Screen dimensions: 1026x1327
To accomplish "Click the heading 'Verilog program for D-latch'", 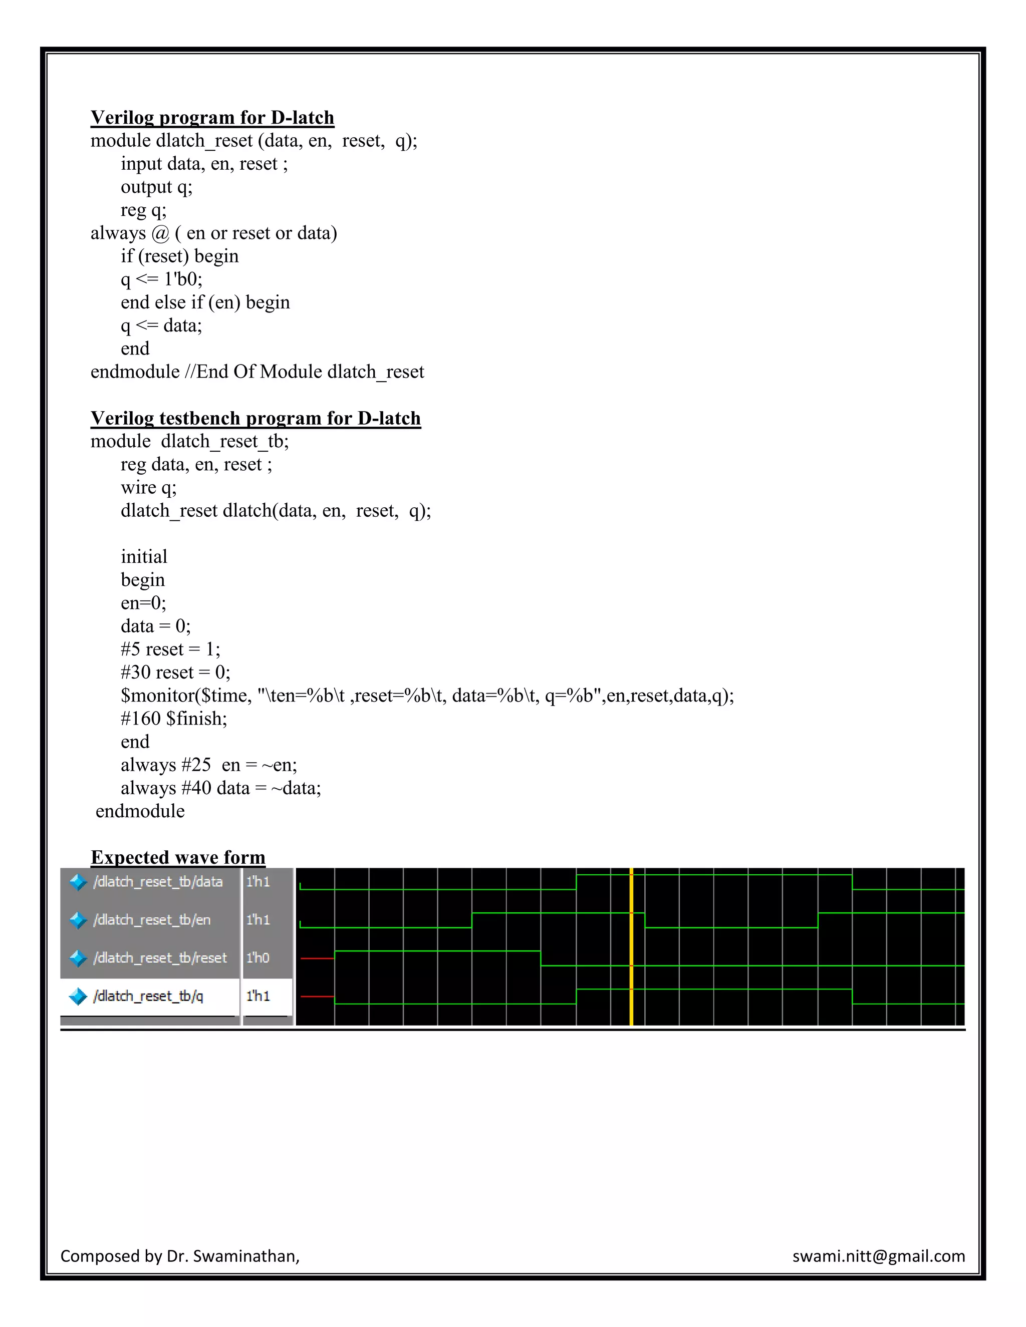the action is (x=212, y=117).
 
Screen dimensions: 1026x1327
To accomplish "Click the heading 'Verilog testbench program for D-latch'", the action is (x=255, y=418).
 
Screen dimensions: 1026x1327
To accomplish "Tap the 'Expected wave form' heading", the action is (x=177, y=857).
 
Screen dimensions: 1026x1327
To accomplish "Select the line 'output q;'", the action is (x=156, y=187).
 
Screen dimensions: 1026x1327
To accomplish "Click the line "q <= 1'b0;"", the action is (x=161, y=279).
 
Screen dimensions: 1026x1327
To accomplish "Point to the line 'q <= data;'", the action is (x=161, y=325).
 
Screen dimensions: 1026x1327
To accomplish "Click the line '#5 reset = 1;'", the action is (x=170, y=649).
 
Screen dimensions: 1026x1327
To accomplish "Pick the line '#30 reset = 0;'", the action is (x=175, y=673).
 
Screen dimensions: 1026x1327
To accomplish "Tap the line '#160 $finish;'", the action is (x=173, y=719).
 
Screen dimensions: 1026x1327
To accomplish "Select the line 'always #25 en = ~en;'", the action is (x=208, y=765).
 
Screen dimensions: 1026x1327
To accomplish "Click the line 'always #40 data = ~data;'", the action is (x=220, y=788).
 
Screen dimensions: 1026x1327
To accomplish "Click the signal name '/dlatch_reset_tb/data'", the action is (x=158, y=882).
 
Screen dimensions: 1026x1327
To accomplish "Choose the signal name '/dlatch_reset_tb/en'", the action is (x=152, y=920).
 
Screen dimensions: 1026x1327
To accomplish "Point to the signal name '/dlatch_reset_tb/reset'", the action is (x=160, y=958).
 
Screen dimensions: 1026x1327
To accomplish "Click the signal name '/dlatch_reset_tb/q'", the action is (x=148, y=996).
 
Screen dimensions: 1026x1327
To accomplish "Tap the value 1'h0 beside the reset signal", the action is (x=258, y=958).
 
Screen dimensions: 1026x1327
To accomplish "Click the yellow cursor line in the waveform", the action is (x=632, y=948).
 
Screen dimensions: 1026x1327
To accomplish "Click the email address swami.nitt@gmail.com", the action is (x=878, y=1256).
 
